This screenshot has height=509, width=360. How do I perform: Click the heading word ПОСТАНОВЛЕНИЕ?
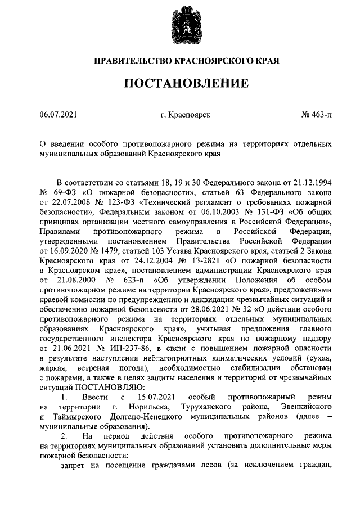[x=186, y=84]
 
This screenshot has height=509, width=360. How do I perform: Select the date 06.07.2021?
[x=58, y=115]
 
